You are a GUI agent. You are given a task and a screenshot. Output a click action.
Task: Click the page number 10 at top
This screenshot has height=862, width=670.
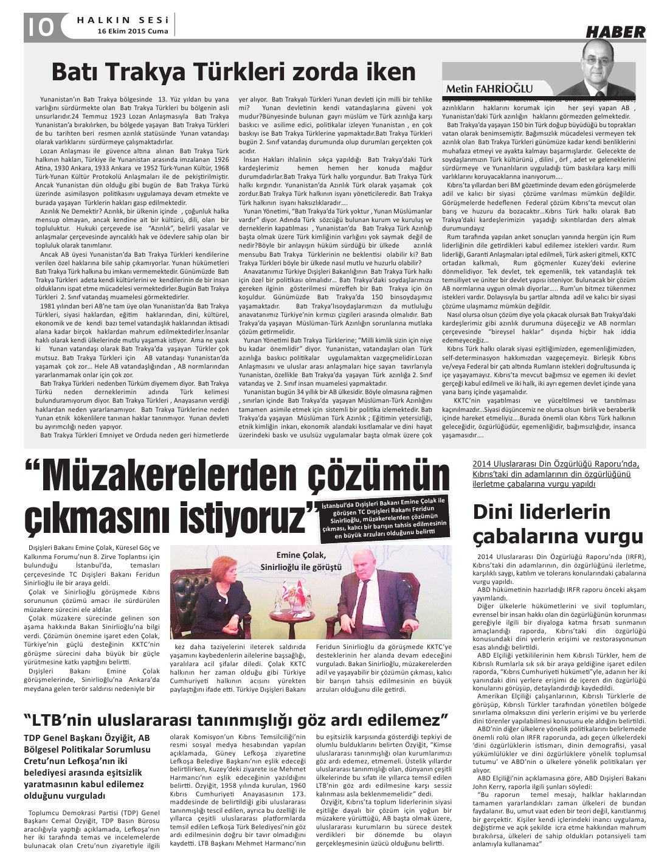tap(40, 27)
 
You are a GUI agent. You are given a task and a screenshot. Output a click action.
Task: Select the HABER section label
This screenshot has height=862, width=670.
tap(615, 32)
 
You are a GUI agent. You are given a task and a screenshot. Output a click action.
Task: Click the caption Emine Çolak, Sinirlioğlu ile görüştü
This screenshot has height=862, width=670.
tap(301, 560)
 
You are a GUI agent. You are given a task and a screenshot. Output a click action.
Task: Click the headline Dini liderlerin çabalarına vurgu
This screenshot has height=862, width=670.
tap(558, 523)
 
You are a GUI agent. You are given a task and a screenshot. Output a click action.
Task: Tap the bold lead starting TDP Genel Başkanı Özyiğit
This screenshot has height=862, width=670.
tap(86, 766)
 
